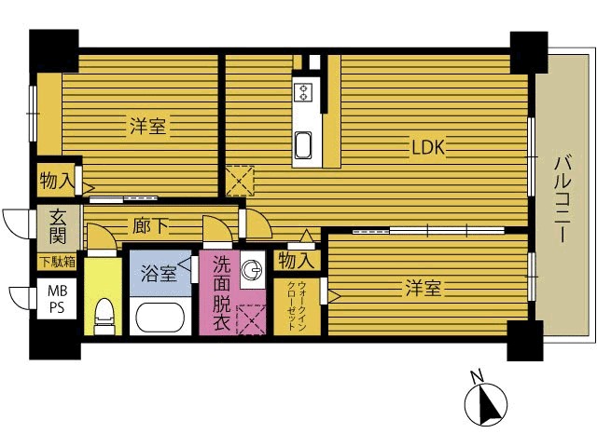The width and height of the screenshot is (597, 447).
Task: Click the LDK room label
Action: coord(428,147)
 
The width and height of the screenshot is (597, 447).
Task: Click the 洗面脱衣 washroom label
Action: coord(221,293)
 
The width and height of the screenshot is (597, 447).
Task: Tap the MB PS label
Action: coord(57,299)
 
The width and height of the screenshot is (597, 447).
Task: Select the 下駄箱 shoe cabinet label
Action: coord(58,262)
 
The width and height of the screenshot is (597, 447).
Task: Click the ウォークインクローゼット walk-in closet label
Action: coord(297,306)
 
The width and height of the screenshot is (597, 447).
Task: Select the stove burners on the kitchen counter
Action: coord(303,92)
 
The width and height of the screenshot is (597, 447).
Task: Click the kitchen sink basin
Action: coord(303,145)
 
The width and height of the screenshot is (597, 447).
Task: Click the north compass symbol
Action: coord(486,404)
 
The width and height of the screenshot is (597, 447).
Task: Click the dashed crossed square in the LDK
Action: coord(240,181)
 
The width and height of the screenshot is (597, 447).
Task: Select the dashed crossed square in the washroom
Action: coord(252,320)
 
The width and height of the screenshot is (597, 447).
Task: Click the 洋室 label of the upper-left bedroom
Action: coord(148,127)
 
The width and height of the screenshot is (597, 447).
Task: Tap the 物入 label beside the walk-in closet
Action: coord(296,261)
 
